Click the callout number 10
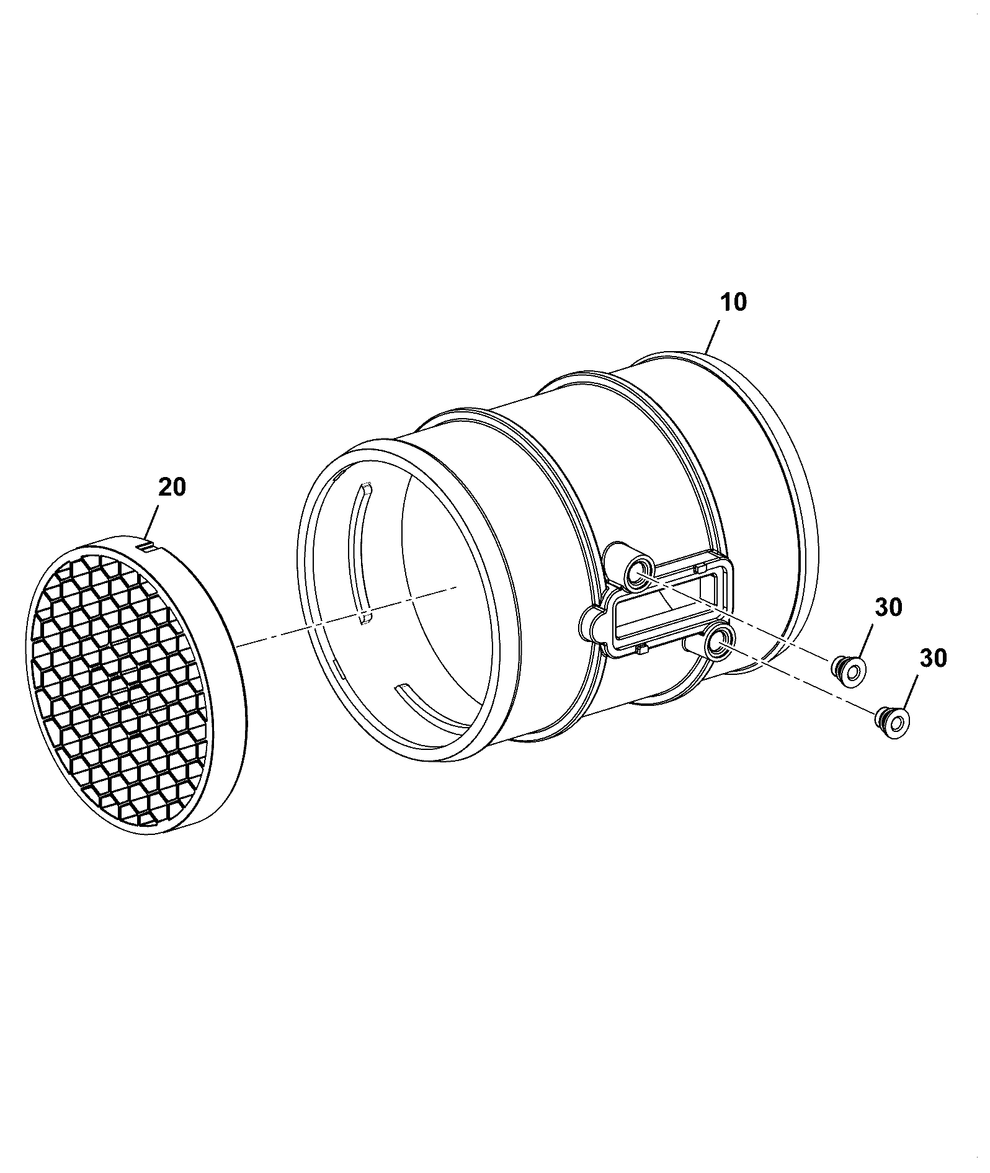[734, 303]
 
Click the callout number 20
[172, 488]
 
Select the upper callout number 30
[889, 607]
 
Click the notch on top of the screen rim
[148, 546]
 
